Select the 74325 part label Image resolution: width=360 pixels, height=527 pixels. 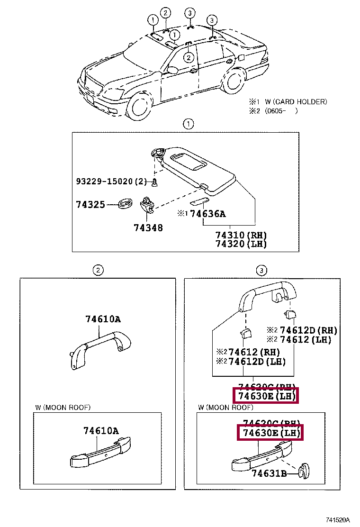90,205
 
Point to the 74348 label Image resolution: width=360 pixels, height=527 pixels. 148,228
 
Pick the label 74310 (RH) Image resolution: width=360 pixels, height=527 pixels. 241,235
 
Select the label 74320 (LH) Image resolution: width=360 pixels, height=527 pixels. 241,244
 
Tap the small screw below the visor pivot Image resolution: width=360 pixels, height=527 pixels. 154,182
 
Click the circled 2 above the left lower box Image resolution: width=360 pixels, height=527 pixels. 97,271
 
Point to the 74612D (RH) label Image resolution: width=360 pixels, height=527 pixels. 308,330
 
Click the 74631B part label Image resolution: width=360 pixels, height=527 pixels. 269,473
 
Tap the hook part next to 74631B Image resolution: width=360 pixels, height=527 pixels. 301,471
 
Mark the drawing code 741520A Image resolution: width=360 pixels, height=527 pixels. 337,520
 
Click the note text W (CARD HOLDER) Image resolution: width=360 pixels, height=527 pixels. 296,102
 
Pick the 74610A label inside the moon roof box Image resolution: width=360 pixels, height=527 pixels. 101,431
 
